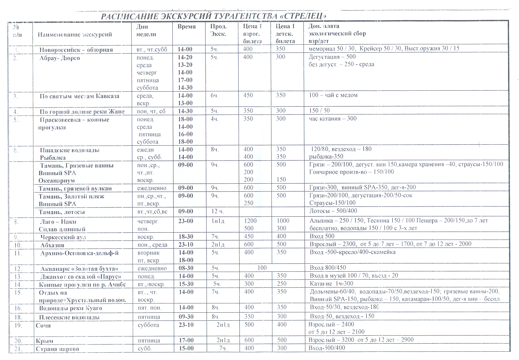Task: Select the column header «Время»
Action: point(186,27)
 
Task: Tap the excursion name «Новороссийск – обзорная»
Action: point(76,50)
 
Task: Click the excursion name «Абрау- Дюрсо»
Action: point(60,58)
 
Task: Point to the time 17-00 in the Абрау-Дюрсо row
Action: point(185,80)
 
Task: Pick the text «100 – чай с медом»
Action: point(333,95)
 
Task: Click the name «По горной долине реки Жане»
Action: point(82,112)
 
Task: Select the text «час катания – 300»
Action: point(333,118)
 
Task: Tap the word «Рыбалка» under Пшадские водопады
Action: point(53,158)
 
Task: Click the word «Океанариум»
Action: point(57,181)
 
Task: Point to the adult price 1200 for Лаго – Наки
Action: point(250,221)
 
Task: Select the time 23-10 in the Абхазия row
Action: point(186,245)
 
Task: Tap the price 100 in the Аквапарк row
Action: point(262,268)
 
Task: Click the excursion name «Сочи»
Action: point(43,326)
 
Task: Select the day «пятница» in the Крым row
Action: point(149,340)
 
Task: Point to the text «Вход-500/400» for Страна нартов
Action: point(326,348)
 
